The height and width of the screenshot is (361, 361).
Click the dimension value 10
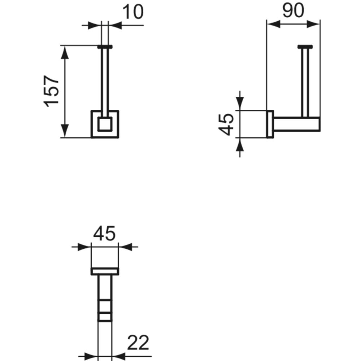133,12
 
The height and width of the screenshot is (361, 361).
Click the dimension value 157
51,91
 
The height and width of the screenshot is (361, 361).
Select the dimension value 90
293,10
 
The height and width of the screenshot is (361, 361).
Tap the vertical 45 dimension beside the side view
226,124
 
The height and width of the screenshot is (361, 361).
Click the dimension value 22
138,343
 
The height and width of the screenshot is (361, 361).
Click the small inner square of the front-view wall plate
105,124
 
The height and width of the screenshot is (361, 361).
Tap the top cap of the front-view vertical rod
105,47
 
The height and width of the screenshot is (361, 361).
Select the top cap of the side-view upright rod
305,47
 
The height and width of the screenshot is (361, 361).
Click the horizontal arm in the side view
296,124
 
